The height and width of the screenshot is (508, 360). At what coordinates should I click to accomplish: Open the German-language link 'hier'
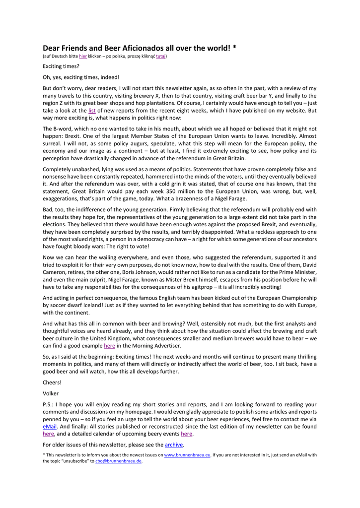[83, 57]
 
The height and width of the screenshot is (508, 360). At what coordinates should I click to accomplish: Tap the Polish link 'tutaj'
[161, 57]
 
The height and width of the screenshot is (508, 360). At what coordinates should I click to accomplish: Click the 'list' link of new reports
[92, 111]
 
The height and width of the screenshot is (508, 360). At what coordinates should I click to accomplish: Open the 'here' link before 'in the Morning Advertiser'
[109, 346]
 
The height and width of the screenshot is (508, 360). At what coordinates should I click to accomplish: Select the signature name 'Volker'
[51, 393]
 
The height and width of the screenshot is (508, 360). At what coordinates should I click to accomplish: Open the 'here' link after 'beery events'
[186, 434]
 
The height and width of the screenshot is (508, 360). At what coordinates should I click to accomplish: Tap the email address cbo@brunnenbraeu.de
[119, 461]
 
